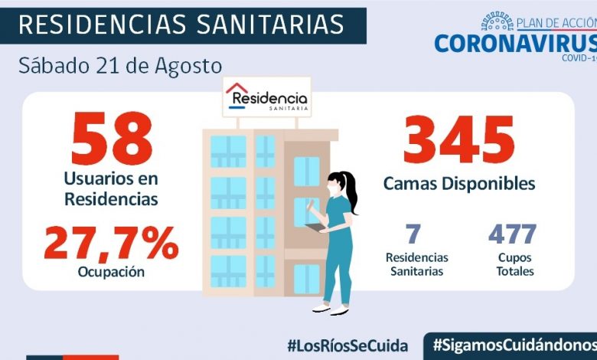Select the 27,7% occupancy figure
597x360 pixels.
(111, 244)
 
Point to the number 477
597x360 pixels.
(512, 234)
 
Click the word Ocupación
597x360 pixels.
(111, 270)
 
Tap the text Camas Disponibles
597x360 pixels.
(458, 184)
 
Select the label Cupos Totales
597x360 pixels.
(514, 264)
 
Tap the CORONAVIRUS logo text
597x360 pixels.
(514, 42)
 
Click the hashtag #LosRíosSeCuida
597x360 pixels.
(347, 345)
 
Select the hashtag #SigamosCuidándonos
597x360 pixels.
(514, 345)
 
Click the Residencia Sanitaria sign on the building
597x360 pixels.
(267, 97)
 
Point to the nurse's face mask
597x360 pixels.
(331, 188)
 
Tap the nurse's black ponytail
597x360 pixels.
(351, 191)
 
